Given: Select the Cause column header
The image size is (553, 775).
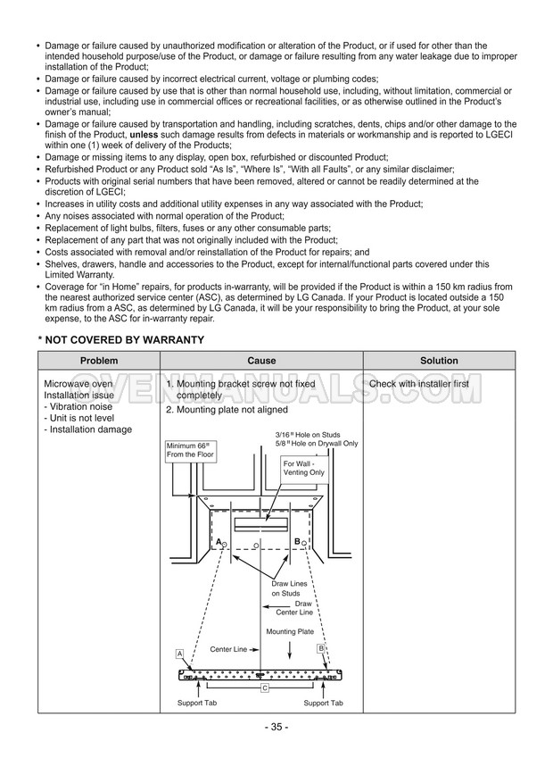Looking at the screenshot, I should (261, 361).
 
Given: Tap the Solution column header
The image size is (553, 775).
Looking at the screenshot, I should (414, 361).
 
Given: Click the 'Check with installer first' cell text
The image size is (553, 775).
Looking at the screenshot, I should (418, 384).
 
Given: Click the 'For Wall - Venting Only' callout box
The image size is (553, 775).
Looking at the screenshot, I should (303, 468).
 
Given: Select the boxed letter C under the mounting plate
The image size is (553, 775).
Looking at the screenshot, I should (265, 688).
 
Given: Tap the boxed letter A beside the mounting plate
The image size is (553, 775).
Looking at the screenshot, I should (180, 654).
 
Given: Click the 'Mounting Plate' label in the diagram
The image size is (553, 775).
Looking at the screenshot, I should (291, 632).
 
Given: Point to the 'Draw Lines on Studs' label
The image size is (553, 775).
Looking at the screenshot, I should (286, 588).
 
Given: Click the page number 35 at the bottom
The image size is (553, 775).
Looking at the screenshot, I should (276, 727).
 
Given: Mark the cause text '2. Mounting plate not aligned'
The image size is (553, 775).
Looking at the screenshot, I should (227, 410).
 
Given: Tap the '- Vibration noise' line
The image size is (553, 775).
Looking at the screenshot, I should (78, 406).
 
